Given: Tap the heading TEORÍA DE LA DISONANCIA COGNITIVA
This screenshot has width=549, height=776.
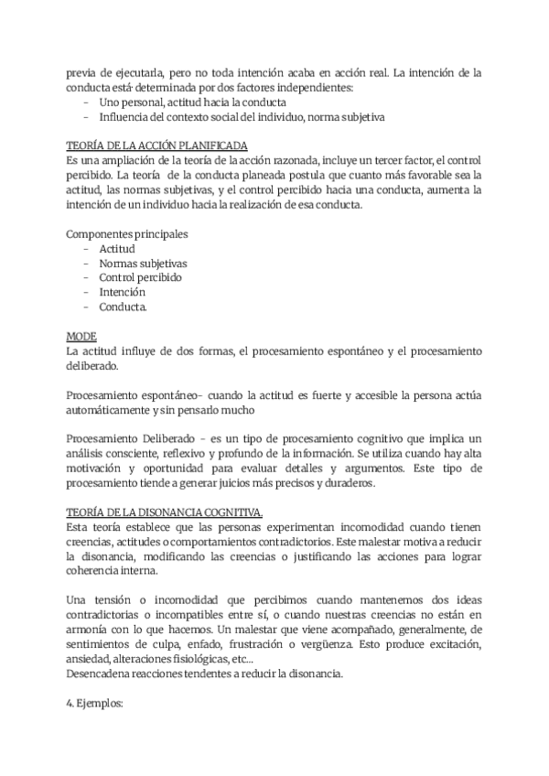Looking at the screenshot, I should point(166,512).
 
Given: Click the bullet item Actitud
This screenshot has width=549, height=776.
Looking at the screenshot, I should point(117,248).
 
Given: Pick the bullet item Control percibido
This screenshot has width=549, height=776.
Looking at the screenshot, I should point(140,277).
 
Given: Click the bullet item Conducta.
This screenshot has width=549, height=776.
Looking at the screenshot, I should point(124,307).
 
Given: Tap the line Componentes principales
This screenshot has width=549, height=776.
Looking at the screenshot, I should point(127,233).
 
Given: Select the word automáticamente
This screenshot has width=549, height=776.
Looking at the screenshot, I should point(109,409).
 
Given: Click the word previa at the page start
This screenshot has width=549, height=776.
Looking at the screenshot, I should point(81,72).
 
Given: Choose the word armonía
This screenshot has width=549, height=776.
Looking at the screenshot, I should point(89,616).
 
